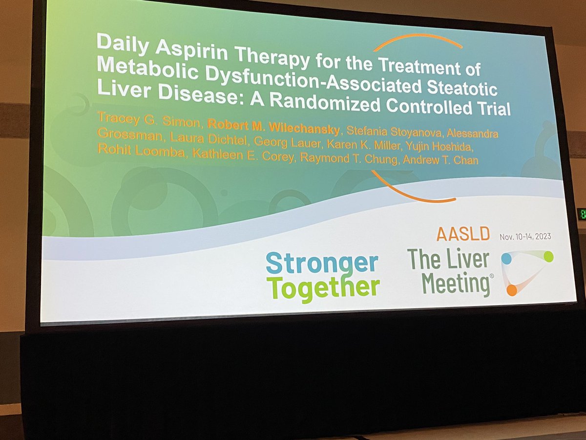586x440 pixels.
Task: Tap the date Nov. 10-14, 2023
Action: coord(525,237)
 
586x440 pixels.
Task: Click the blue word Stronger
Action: coord(322,264)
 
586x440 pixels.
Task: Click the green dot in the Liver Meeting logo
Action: coord(548,256)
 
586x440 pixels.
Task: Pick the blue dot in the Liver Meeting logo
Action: coord(506,258)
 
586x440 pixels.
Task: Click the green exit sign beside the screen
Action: coord(582,214)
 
